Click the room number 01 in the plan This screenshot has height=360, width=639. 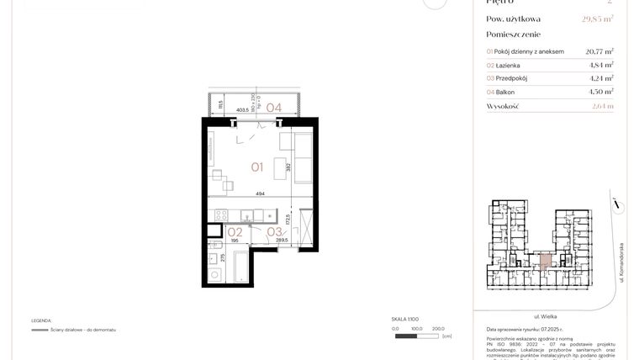257,167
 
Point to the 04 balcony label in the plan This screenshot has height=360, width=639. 274,107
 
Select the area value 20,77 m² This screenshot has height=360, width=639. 599,51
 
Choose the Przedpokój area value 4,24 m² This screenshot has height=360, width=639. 599,78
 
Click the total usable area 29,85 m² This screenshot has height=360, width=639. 598,19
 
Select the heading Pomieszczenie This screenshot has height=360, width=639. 514,34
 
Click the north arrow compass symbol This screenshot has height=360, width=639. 616,203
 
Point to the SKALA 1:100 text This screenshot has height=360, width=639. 405,320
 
